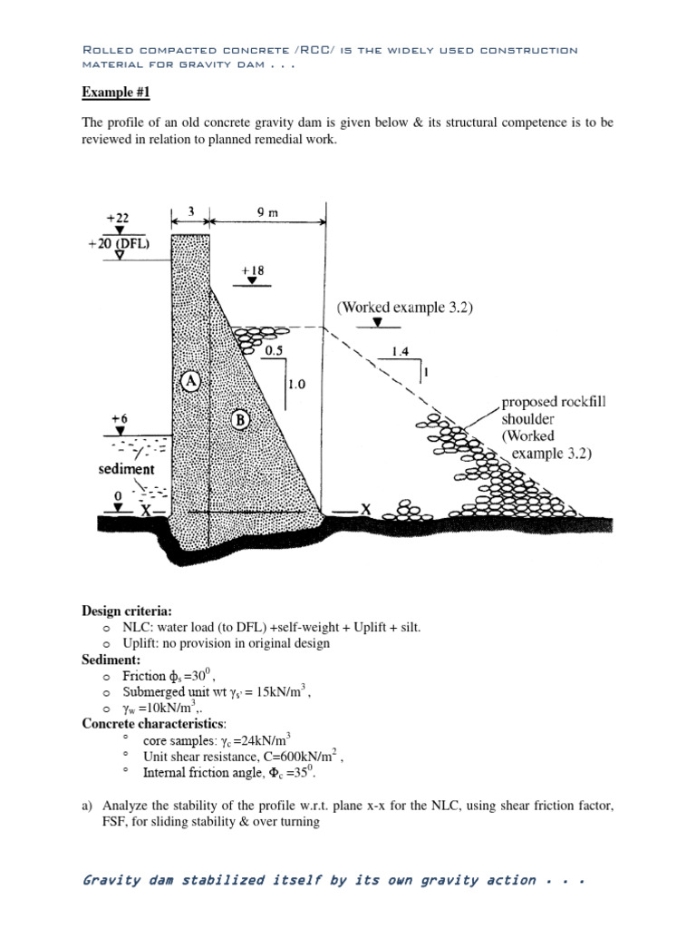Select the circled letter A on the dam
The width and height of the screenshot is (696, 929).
(x=190, y=381)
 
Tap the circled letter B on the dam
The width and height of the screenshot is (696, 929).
(x=241, y=419)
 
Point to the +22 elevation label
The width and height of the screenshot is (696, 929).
(x=119, y=217)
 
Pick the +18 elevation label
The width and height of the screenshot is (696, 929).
(x=254, y=270)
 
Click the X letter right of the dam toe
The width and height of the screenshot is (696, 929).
(x=365, y=510)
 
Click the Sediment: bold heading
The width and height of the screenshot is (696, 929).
(x=111, y=660)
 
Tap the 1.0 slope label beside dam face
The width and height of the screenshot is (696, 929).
(x=296, y=384)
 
